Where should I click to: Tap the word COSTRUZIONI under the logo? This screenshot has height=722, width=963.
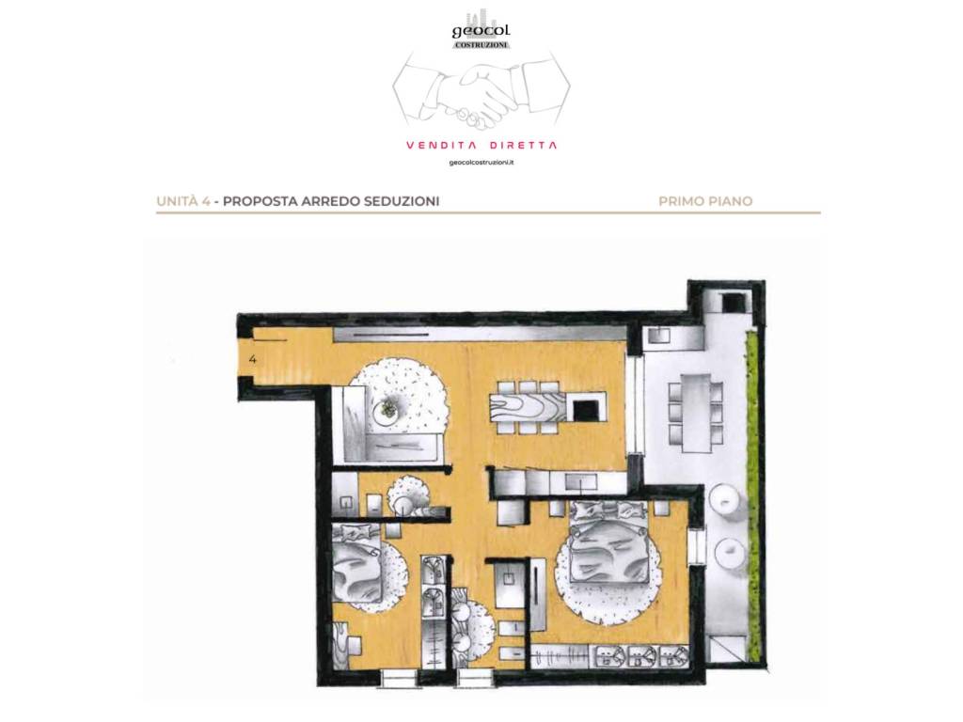tap(481, 45)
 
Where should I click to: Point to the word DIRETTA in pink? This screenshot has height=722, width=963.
tap(524, 146)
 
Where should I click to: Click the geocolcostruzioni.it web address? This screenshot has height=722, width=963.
tap(481, 163)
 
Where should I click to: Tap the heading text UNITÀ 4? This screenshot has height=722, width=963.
tap(183, 201)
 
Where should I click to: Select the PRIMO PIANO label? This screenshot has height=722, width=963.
tap(705, 201)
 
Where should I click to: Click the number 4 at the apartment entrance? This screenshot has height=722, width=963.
tap(253, 360)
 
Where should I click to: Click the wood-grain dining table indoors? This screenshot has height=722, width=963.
tap(529, 407)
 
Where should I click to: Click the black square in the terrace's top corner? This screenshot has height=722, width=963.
tap(734, 302)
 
